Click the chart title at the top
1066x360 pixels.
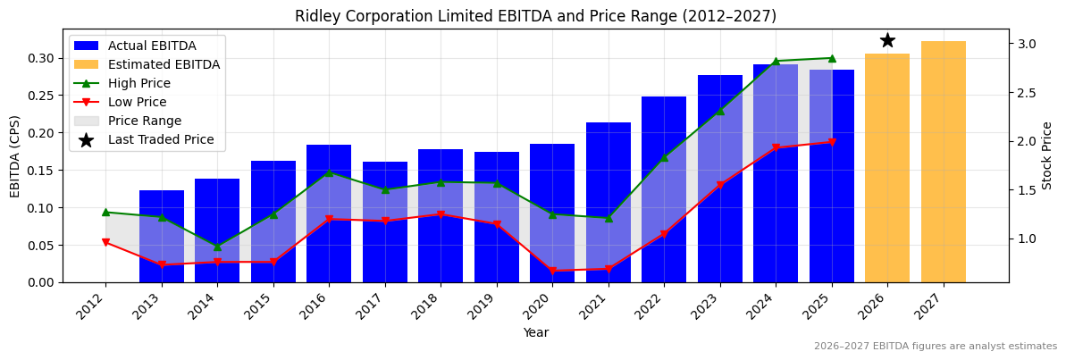535,16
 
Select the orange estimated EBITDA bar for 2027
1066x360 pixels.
943,162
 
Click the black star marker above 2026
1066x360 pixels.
887,40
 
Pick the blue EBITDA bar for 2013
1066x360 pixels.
162,236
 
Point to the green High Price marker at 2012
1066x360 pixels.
105,213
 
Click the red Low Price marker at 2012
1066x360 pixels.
105,242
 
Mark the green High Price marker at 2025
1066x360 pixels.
832,58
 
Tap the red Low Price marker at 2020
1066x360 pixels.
552,271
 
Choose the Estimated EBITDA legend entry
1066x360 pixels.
164,64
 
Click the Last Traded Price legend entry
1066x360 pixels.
161,139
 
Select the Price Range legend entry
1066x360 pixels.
145,121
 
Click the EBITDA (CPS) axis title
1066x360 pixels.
15,155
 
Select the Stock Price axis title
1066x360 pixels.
1047,155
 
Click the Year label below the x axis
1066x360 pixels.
535,332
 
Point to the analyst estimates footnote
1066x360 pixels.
935,346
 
